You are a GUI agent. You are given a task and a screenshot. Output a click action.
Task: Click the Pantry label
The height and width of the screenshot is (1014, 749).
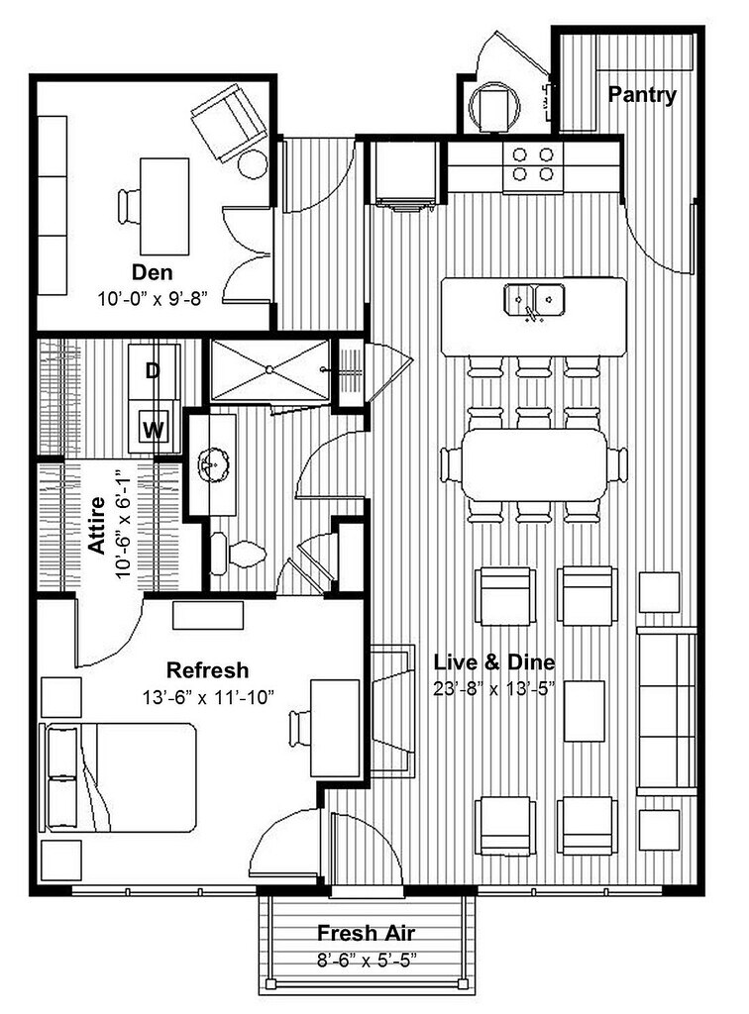(x=642, y=95)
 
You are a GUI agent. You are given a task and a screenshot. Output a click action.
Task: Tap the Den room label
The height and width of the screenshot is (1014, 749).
(x=153, y=271)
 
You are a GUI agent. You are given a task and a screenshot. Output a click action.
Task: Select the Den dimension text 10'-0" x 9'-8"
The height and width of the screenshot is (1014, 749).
(x=153, y=296)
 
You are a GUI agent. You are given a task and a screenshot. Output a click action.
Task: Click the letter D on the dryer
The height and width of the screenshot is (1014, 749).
(x=153, y=371)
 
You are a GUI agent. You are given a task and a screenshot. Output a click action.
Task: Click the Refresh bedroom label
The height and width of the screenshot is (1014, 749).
(x=207, y=670)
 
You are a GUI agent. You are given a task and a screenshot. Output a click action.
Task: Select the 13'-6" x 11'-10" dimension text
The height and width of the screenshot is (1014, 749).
(x=207, y=696)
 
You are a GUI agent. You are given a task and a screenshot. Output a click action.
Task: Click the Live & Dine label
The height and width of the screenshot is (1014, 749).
(x=494, y=662)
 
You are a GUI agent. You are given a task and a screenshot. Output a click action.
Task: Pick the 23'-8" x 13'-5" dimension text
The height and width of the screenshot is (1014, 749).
(x=494, y=687)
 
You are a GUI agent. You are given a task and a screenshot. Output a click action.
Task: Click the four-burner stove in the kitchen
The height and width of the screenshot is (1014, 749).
(x=532, y=165)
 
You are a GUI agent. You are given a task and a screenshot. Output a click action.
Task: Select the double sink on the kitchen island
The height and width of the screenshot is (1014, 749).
(x=534, y=298)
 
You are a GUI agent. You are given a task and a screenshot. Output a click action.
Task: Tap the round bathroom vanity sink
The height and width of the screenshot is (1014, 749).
(x=211, y=463)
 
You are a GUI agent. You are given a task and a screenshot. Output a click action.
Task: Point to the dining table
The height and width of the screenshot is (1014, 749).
(x=535, y=463)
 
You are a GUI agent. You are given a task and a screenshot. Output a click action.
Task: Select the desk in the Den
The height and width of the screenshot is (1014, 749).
(x=163, y=206)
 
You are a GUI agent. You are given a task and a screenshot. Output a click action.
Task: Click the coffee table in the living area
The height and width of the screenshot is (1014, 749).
(x=585, y=711)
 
